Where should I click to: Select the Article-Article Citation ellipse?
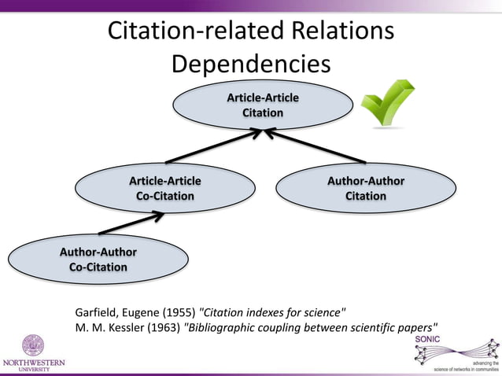(x=263, y=105)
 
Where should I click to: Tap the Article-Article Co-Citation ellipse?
(x=164, y=188)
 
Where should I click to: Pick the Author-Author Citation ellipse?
(x=366, y=188)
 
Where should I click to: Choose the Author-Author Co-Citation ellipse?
(x=98, y=259)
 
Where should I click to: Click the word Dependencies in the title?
(x=251, y=63)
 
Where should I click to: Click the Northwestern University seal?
(x=33, y=345)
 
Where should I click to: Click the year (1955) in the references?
(x=178, y=310)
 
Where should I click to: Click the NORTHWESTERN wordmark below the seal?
(x=33, y=363)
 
